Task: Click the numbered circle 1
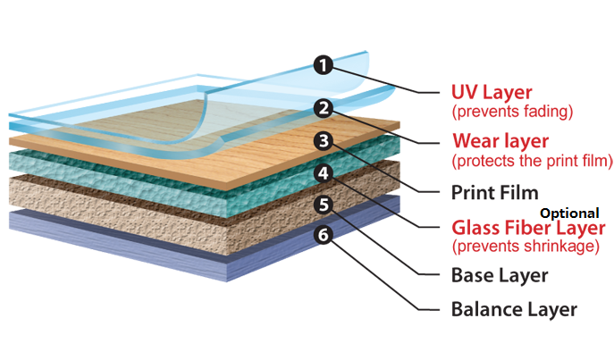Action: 324,64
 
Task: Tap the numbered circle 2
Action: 324,109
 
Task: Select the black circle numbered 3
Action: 324,141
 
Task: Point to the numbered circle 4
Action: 324,172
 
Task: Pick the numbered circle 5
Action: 324,205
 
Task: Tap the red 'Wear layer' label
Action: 500,141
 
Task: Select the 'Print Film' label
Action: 493,191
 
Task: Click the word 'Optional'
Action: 568,212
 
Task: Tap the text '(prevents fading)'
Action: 511,112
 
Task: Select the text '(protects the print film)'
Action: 532,161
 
